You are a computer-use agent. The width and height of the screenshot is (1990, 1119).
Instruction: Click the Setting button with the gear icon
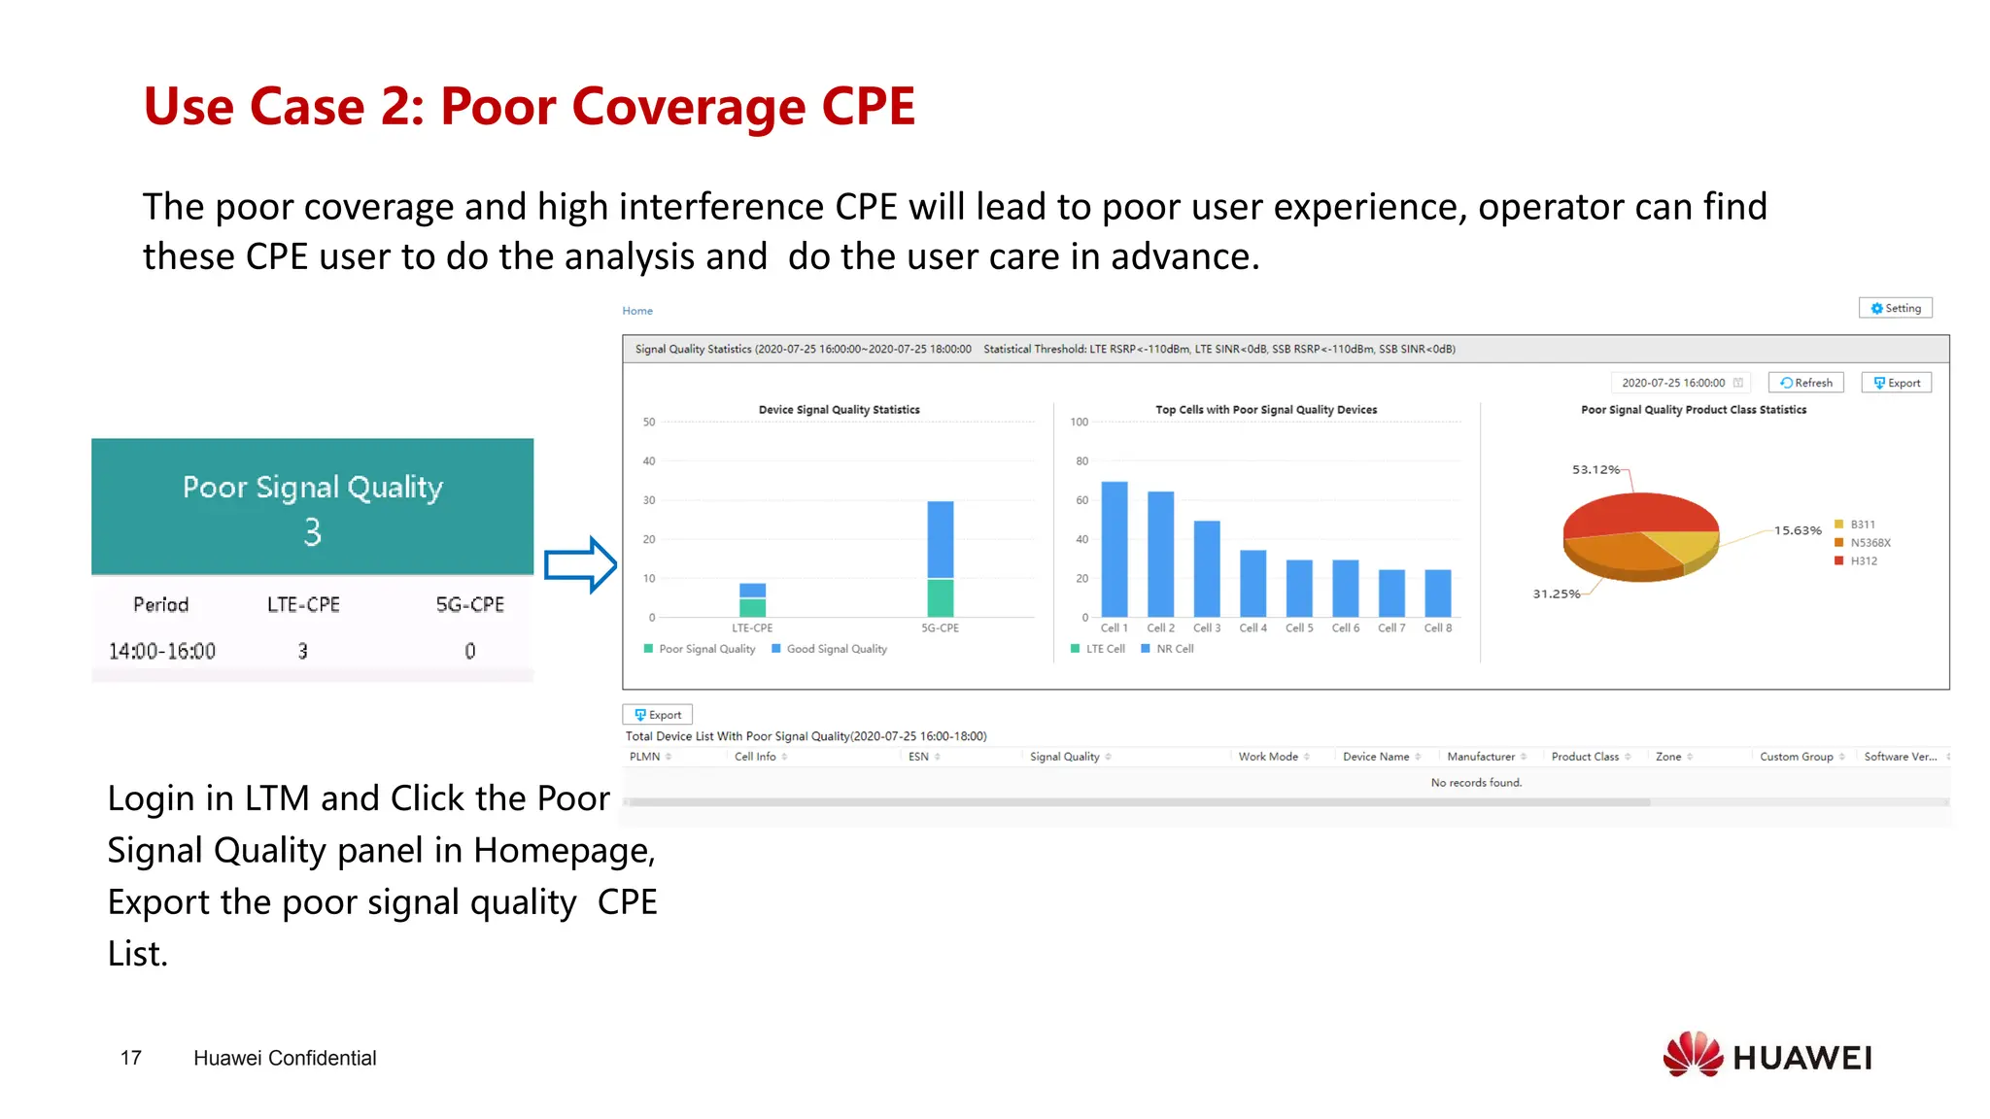[1895, 308]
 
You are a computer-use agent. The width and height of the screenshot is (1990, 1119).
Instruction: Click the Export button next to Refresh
[1896, 383]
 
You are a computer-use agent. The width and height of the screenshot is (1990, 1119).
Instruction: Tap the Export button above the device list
[658, 715]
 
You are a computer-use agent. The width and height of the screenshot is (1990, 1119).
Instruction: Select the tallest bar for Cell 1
[1114, 549]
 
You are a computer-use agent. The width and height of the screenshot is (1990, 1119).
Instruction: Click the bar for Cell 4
[1252, 583]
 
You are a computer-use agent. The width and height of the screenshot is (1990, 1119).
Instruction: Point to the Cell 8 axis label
[1437, 628]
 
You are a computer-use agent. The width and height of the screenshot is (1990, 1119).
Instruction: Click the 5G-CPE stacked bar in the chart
[940, 559]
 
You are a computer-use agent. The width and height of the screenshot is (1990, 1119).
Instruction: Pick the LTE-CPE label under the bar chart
[752, 628]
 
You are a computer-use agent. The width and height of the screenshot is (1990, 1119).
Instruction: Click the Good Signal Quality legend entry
[836, 649]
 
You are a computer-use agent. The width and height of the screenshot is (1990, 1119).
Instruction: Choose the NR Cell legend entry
[1174, 649]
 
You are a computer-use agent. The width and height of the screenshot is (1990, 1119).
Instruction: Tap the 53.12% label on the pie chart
[1595, 470]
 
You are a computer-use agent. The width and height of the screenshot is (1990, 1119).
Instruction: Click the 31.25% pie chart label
[1556, 594]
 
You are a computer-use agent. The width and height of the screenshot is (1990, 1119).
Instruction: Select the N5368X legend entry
[1870, 543]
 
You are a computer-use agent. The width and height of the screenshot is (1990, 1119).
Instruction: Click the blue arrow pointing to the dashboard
[580, 564]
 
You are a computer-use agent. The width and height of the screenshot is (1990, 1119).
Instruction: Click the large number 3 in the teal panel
[312, 532]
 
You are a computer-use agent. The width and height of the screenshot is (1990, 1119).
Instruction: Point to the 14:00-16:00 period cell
[162, 651]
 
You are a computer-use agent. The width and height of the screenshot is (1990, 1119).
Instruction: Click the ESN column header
[918, 757]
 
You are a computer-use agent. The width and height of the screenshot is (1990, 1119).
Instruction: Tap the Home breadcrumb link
[637, 311]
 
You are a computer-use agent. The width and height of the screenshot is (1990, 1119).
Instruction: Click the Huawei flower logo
[1692, 1055]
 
